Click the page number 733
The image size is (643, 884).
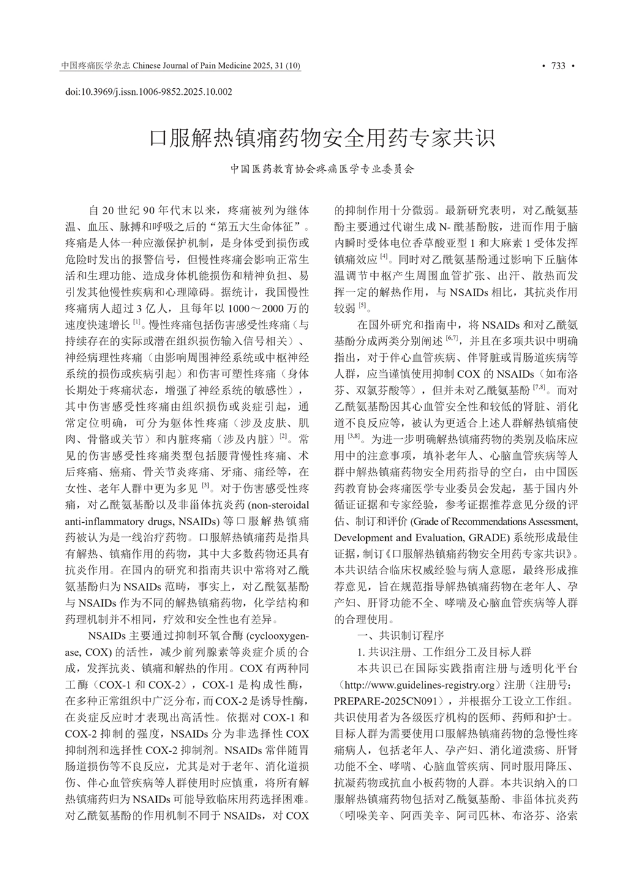click(x=558, y=66)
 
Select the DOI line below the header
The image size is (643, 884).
click(x=149, y=92)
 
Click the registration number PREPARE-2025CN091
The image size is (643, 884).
click(x=390, y=700)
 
